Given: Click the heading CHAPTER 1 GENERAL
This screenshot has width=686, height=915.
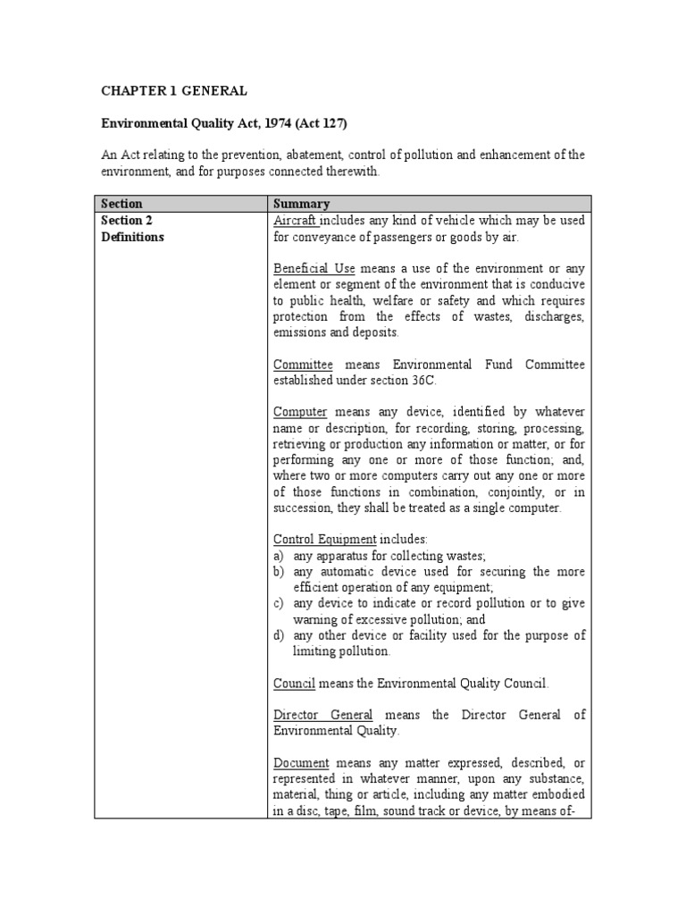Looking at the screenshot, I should pos(173,90).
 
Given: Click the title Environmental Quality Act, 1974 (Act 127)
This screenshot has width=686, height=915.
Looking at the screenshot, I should pos(219,123).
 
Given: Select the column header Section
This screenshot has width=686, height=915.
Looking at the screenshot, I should pos(121,204).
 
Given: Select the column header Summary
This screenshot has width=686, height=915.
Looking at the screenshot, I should pos(301,204).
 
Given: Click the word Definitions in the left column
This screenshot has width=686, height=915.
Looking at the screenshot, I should pos(132,238).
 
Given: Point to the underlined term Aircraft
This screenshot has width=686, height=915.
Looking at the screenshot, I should pos(296,221).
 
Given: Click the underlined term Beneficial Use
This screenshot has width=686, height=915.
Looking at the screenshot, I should pos(312,268).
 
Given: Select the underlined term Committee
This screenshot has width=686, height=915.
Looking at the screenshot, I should pos(303,364).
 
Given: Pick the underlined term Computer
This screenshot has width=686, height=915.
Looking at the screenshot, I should pos(300,412).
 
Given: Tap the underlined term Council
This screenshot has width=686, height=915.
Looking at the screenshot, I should pos(294,684).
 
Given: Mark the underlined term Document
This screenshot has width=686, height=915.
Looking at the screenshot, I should pos(301,763).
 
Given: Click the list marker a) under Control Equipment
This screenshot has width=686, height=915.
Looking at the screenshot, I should pos(279,556).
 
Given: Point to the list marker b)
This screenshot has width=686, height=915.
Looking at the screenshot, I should pos(279,572).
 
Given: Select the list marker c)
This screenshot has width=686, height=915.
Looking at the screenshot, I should pos(279,604).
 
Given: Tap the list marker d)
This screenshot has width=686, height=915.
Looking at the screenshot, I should pos(279,635).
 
